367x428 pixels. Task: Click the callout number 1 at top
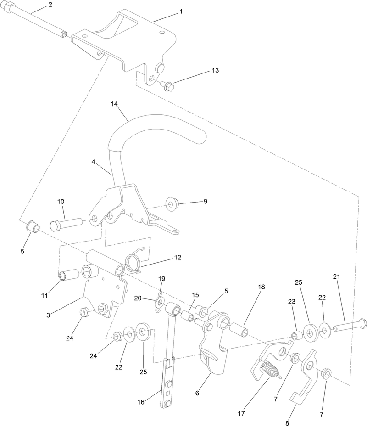click(x=180, y=11)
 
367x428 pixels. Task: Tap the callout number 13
click(x=215, y=71)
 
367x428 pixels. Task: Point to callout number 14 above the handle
click(x=115, y=105)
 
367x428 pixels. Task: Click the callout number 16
click(x=141, y=402)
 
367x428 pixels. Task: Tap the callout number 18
click(x=261, y=287)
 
